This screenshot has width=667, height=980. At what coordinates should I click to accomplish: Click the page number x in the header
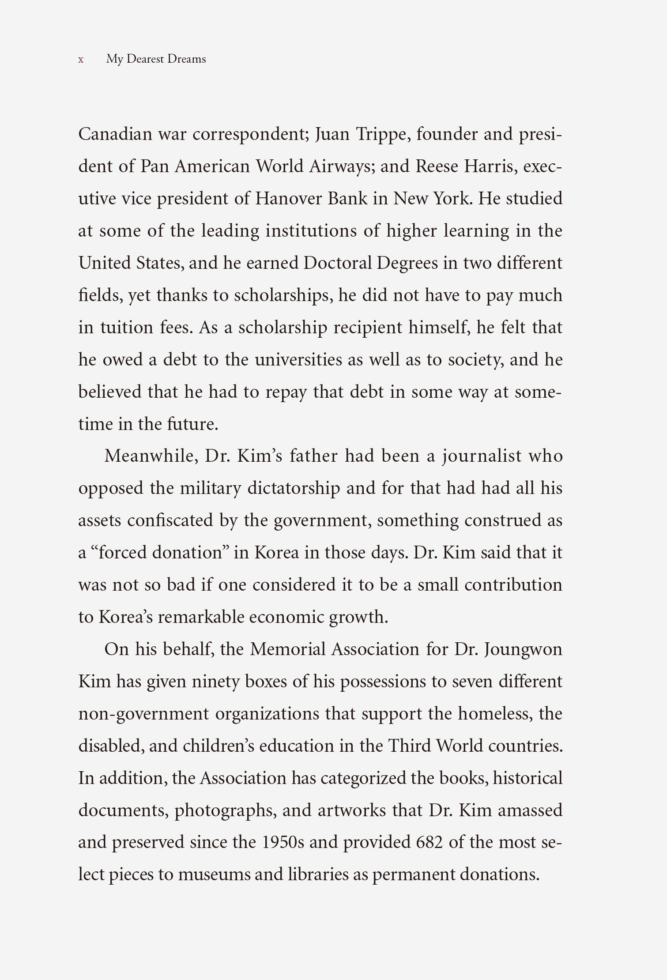point(81,60)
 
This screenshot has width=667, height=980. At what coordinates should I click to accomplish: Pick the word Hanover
point(289,199)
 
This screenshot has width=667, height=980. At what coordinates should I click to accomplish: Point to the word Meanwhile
point(151,456)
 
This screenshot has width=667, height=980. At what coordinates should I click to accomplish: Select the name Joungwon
point(523,649)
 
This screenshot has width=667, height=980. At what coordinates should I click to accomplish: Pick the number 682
point(429,842)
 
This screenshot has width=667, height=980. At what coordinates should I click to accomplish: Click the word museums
point(214,874)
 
